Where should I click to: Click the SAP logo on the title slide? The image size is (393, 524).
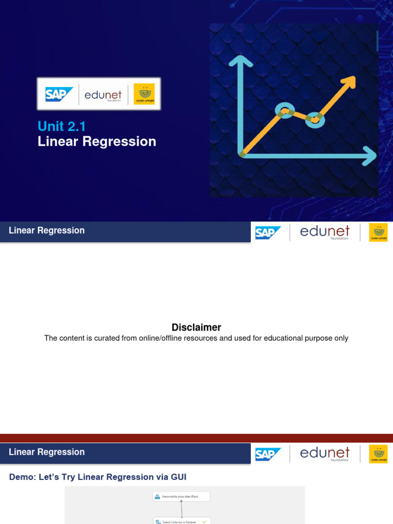tap(59, 94)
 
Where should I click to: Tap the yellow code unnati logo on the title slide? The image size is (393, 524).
tap(144, 94)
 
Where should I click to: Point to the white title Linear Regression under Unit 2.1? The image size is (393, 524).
tap(97, 141)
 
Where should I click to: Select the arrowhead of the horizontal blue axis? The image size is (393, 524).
tap(369, 155)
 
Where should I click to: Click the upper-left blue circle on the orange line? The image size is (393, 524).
tap(285, 110)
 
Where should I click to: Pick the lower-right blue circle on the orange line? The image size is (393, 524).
tap(314, 120)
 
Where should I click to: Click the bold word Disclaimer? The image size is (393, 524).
tap(196, 327)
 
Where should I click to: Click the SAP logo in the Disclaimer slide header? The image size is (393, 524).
tap(268, 233)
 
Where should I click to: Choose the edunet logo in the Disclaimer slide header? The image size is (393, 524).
tap(324, 232)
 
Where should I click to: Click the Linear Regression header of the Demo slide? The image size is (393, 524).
tap(47, 452)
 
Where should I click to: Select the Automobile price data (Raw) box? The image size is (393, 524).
tap(182, 496)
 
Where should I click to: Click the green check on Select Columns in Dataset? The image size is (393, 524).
tap(204, 521)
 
